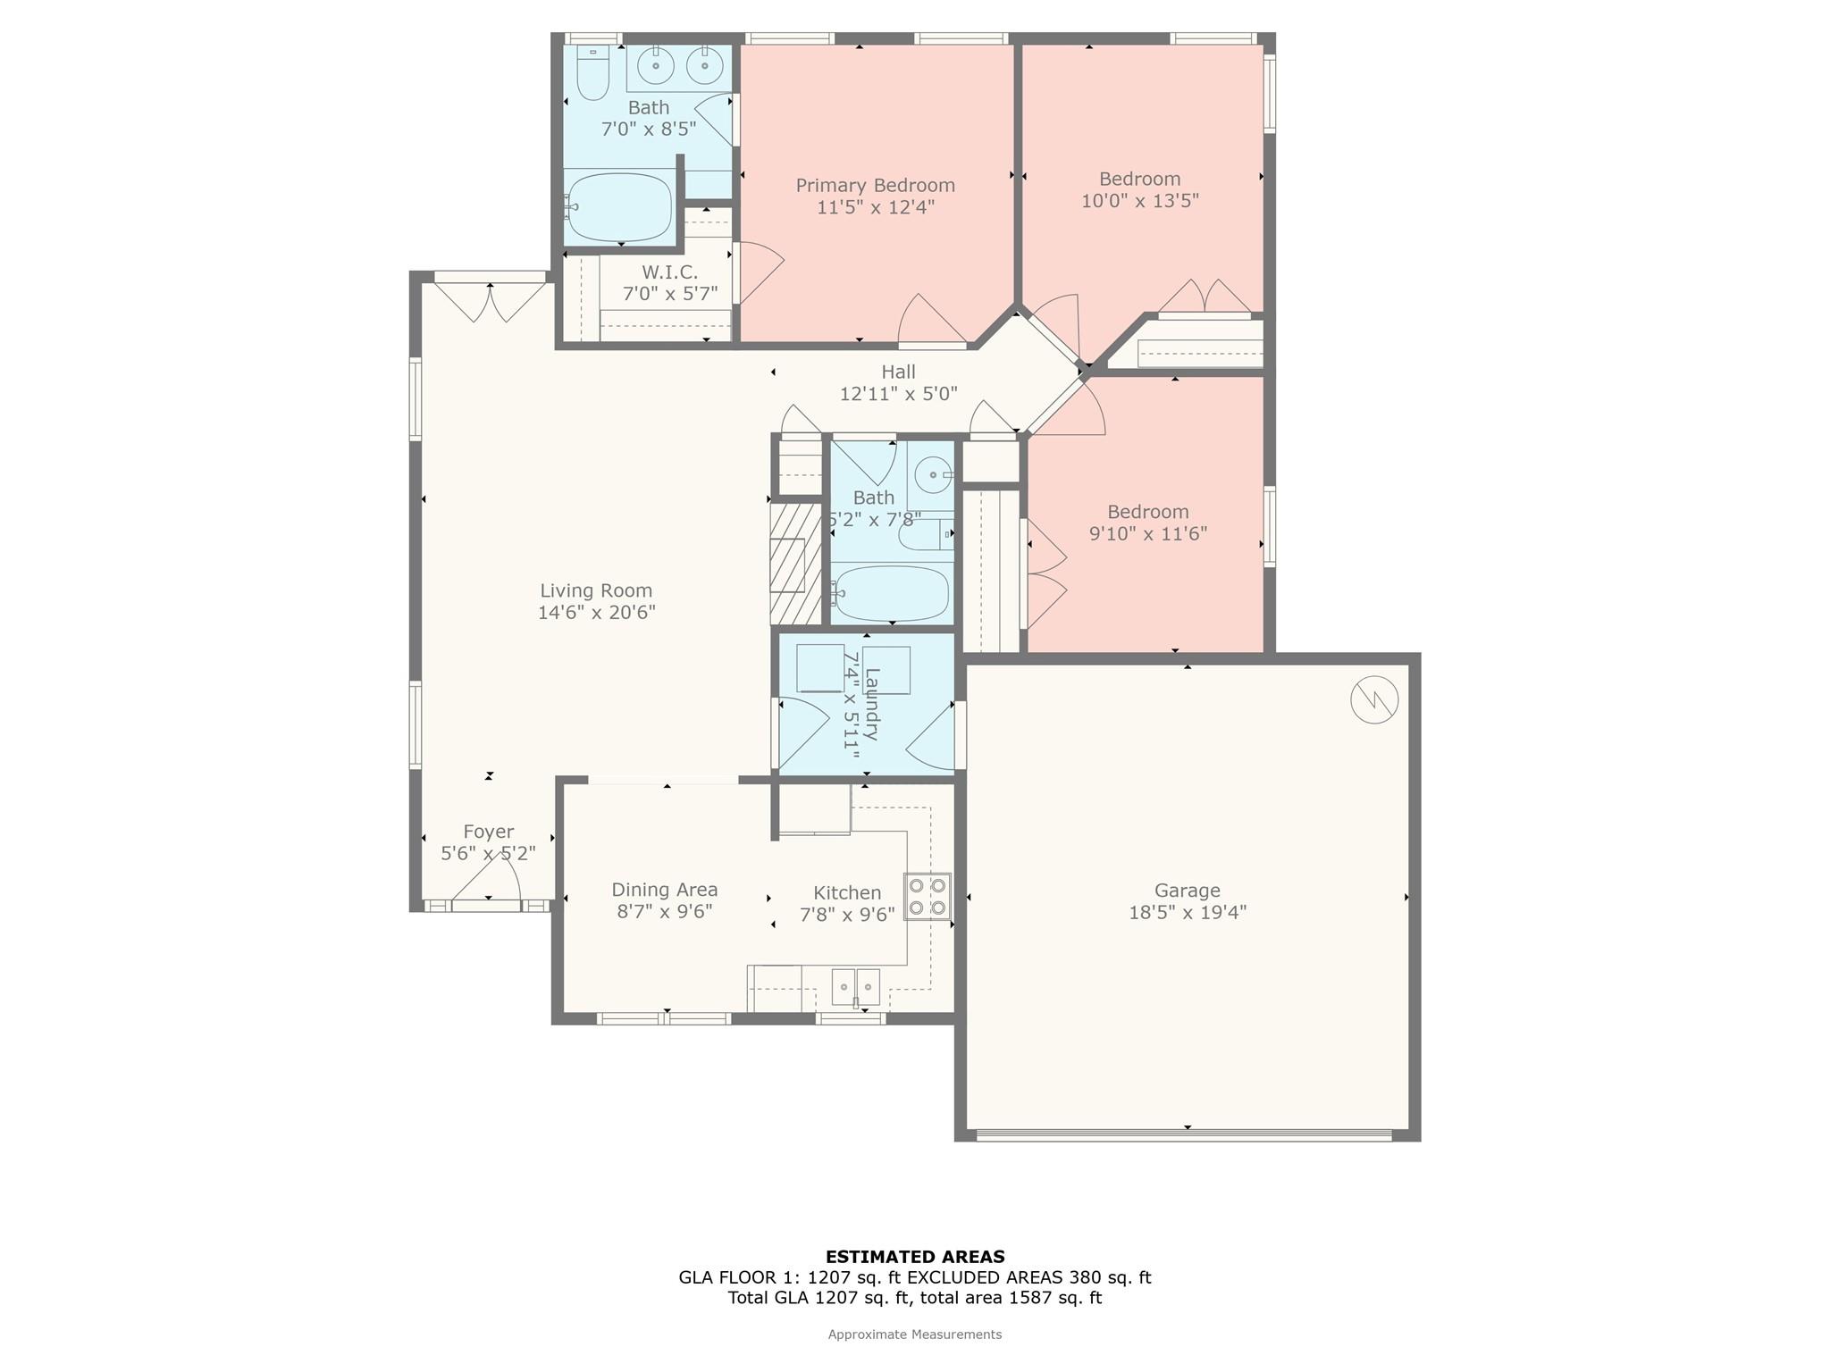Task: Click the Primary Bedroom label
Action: pos(875,186)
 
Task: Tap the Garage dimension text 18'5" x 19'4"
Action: pos(1187,913)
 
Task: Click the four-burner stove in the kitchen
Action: pos(927,897)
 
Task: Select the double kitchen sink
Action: pos(856,987)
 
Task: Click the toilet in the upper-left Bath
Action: pos(592,72)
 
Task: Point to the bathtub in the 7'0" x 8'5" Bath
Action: pos(620,207)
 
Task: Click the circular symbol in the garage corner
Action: pos(1373,700)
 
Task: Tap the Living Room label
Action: pos(596,590)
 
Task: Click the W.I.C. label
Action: pos(669,272)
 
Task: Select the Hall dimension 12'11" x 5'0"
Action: pos(898,393)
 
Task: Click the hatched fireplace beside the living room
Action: pos(795,565)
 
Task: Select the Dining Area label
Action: pos(664,890)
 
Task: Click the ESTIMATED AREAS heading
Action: pos(914,1257)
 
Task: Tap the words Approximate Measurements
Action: pos(914,1334)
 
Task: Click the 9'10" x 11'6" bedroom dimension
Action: pos(1147,534)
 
